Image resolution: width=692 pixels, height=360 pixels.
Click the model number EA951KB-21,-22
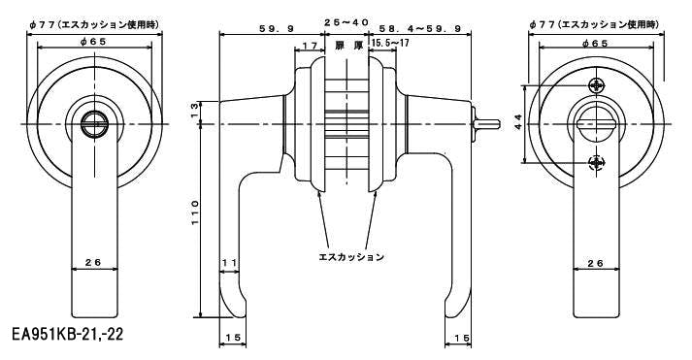[68, 334]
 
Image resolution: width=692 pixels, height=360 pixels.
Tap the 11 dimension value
[229, 262]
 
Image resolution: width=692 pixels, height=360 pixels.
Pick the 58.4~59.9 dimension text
[419, 29]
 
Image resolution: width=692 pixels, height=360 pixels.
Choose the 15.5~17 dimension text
[390, 44]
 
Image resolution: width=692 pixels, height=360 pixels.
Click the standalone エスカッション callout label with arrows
[351, 257]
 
